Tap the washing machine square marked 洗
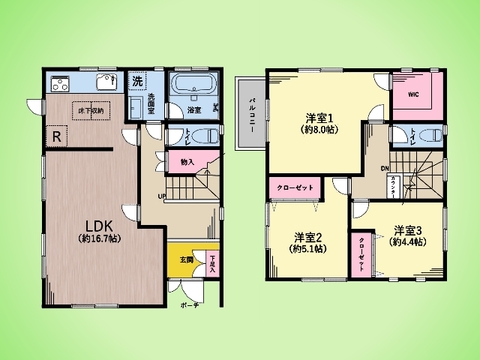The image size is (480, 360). (138, 79)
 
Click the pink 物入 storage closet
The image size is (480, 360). (188, 160)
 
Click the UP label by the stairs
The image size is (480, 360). (163, 196)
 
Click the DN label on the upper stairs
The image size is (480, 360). (385, 168)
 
